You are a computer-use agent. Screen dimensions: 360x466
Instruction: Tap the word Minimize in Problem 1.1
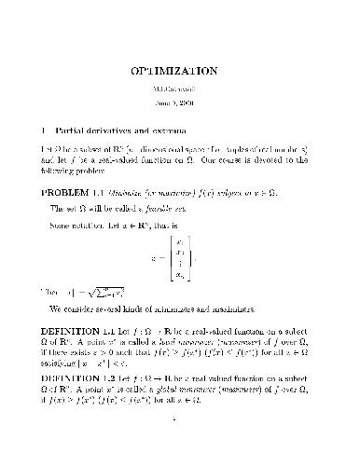(x=152, y=192)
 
